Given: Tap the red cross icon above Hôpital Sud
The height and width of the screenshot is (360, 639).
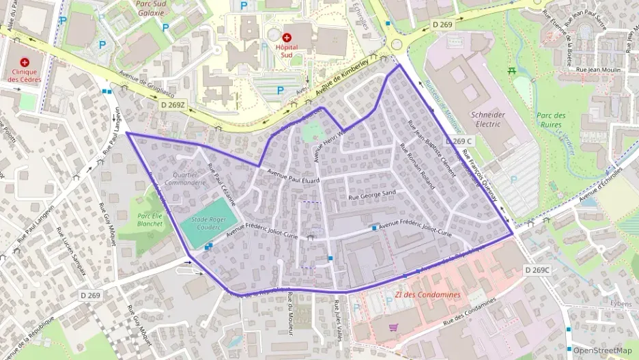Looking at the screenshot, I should [286, 36].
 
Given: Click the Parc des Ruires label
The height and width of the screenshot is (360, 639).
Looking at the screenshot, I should [550, 120].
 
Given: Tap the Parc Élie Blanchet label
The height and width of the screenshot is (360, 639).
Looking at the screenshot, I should [150, 219].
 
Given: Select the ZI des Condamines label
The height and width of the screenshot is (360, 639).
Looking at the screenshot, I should [427, 295].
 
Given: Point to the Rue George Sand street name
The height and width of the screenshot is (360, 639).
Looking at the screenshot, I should [373, 196].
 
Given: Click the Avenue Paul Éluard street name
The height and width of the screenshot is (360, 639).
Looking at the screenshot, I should [294, 176].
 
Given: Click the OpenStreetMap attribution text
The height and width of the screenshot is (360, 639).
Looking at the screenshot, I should [602, 350].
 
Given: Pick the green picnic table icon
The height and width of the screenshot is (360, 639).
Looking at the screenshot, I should [511, 70].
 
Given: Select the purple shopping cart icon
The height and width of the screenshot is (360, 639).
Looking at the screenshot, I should [393, 327].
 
